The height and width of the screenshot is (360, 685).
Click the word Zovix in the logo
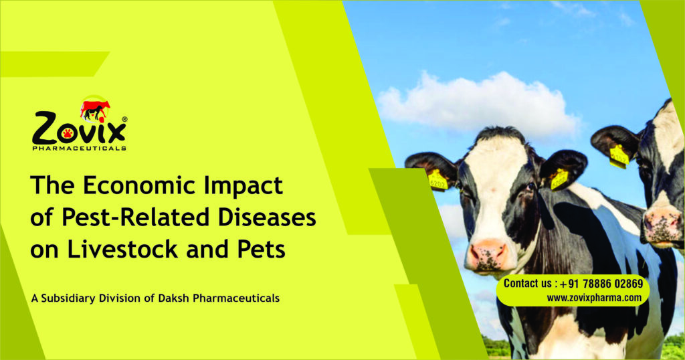tap(79, 129)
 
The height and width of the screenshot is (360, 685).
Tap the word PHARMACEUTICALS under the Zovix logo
tap(79, 149)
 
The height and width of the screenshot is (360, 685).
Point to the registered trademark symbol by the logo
tap(124, 119)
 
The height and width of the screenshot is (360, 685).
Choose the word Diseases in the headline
tap(267, 217)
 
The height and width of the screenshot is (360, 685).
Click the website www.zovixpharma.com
tap(594, 298)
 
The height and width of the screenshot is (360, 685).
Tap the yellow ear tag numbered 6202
tap(437, 181)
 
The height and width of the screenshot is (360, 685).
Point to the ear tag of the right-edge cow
tap(619, 157)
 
